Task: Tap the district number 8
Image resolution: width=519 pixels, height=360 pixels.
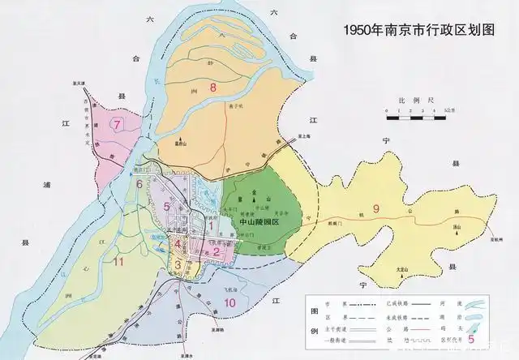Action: [x=213, y=87]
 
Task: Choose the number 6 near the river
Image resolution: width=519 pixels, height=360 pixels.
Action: [x=139, y=184]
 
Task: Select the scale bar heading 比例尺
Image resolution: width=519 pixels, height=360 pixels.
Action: [x=413, y=98]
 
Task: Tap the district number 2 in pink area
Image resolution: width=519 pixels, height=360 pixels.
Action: [x=217, y=251]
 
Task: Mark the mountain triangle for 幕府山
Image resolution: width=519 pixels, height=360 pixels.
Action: [x=173, y=143]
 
